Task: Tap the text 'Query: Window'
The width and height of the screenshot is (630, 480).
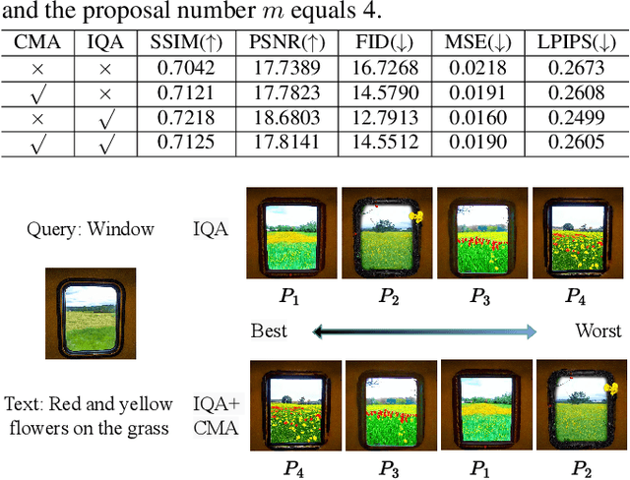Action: [x=90, y=229]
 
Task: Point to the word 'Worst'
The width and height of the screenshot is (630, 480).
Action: [x=598, y=330]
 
